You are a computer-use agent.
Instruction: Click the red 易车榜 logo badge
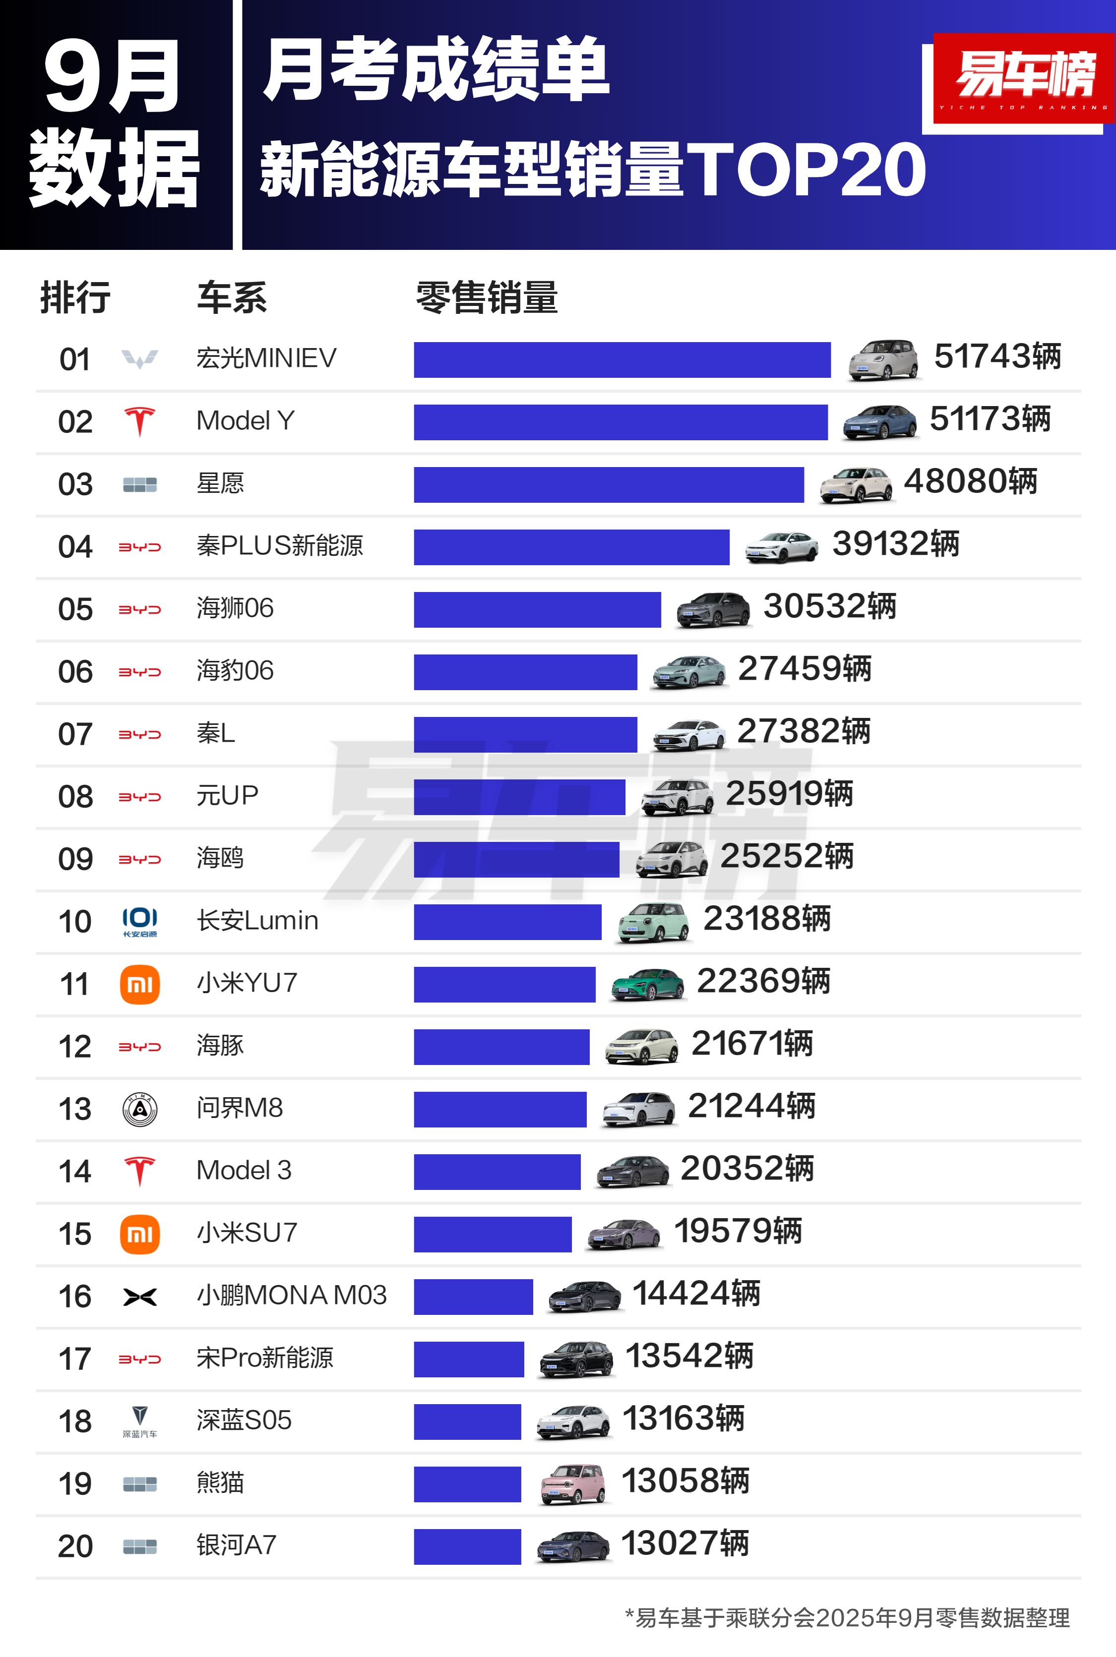pyautogui.click(x=1023, y=78)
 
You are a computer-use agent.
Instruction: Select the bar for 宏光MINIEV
pyautogui.click(x=621, y=360)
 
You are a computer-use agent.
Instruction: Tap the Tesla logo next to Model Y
pyautogui.click(x=139, y=421)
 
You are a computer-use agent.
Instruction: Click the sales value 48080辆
pyautogui.click(x=970, y=481)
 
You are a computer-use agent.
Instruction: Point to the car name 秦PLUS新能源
pyautogui.click(x=280, y=546)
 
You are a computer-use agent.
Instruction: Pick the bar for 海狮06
pyautogui.click(x=537, y=610)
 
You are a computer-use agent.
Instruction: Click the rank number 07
pyautogui.click(x=75, y=734)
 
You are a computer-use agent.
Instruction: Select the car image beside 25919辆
pyautogui.click(x=677, y=796)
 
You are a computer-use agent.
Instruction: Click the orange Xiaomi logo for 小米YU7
pyautogui.click(x=139, y=985)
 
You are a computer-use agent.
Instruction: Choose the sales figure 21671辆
pyautogui.click(x=751, y=1044)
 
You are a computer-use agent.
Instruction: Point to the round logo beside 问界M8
pyautogui.click(x=139, y=1109)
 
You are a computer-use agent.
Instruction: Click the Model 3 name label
pyautogui.click(x=244, y=1170)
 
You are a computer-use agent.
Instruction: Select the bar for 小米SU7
pyautogui.click(x=493, y=1235)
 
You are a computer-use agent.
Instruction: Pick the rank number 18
pyautogui.click(x=75, y=1421)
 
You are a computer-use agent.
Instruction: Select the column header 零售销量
pyautogui.click(x=487, y=297)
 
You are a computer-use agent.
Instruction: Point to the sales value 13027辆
pyautogui.click(x=684, y=1544)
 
